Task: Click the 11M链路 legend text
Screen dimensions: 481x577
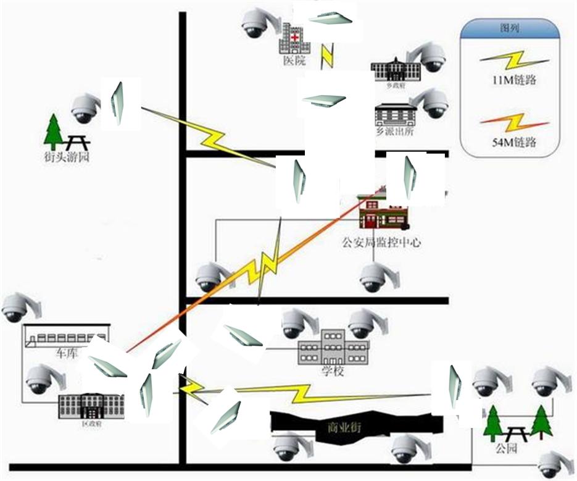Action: pyautogui.click(x=514, y=80)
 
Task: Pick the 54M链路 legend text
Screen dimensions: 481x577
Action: pyautogui.click(x=514, y=143)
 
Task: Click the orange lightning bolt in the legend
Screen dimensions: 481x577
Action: pyautogui.click(x=514, y=122)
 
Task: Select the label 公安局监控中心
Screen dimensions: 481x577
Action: pyautogui.click(x=381, y=243)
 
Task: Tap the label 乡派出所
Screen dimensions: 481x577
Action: pyautogui.click(x=393, y=132)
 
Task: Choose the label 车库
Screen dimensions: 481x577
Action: pyautogui.click(x=66, y=354)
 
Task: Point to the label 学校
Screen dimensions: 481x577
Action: pyautogui.click(x=332, y=372)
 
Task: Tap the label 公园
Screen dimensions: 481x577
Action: pyautogui.click(x=505, y=449)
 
